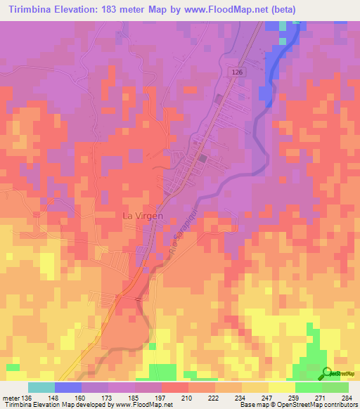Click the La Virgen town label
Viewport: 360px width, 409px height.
[143, 216]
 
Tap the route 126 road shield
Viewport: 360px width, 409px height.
[238, 72]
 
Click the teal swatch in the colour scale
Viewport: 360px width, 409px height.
[41, 387]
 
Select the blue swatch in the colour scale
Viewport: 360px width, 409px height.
[68, 387]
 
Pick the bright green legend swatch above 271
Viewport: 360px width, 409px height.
[308, 387]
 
